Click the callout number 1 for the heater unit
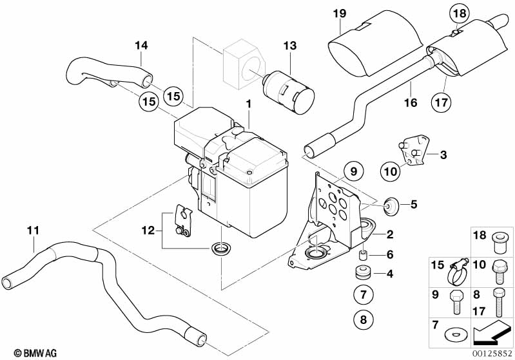tap(247, 104)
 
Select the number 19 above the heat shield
tap(340, 13)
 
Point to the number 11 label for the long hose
tap(33, 229)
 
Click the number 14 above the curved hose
tap(141, 45)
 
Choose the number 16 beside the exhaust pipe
tap(411, 102)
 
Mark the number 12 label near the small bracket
tap(149, 229)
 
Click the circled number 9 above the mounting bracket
tap(353, 171)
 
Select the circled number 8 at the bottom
tap(363, 318)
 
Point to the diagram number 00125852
tap(492, 353)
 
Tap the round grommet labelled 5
tap(390, 205)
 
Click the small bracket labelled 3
tap(414, 151)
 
